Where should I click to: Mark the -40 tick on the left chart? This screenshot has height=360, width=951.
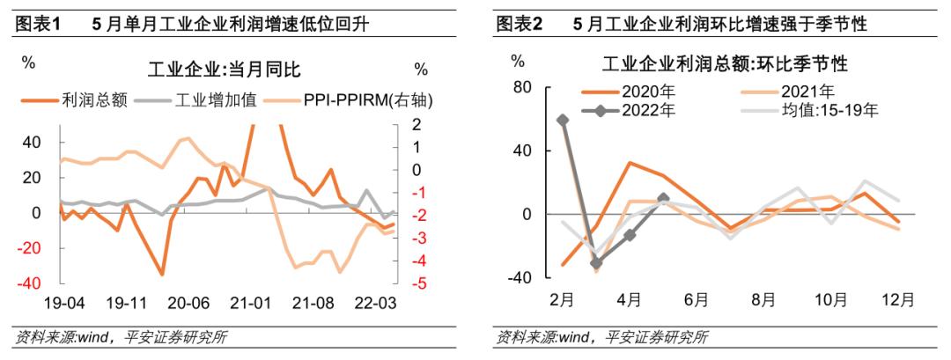(x=31, y=283)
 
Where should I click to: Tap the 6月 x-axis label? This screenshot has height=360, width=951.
(x=696, y=299)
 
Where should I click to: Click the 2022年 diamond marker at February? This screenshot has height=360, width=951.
(x=563, y=120)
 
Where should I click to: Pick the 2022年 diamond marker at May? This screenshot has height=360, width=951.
(x=663, y=198)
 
